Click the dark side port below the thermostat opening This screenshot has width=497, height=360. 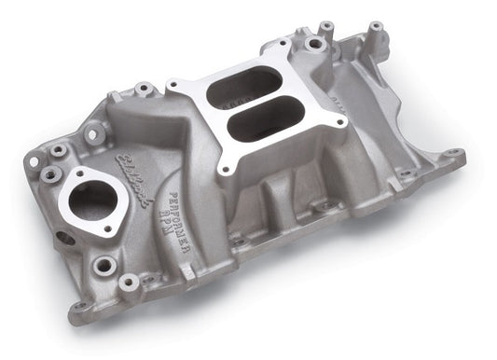[65, 239]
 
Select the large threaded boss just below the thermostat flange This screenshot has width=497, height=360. [104, 265]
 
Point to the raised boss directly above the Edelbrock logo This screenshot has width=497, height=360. [144, 90]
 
